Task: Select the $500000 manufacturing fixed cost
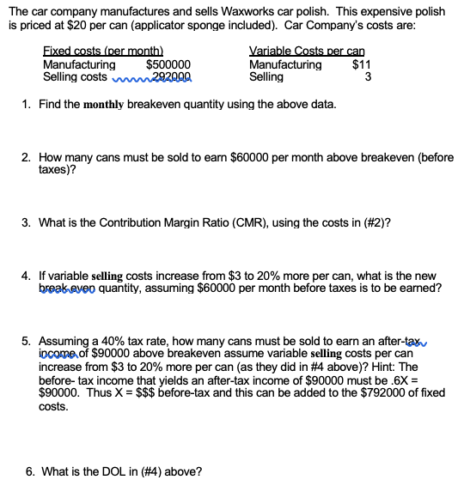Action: (x=168, y=64)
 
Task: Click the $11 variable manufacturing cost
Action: (x=362, y=64)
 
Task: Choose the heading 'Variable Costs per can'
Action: (x=306, y=52)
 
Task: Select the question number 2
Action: (x=27, y=159)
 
